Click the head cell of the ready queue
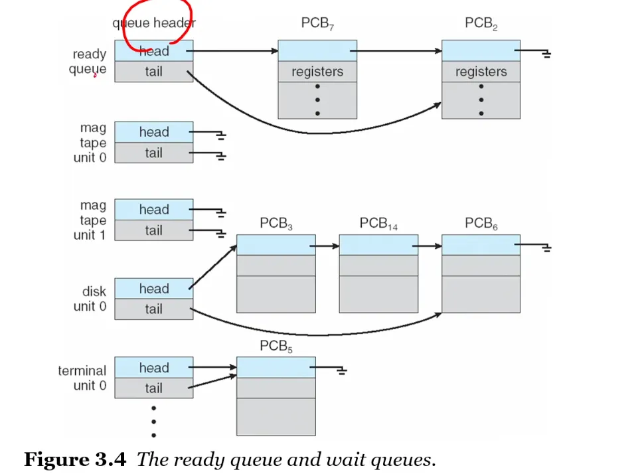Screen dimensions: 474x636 pos(153,51)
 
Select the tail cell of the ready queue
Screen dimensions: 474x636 pos(153,72)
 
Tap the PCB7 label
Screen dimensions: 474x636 pos(317,25)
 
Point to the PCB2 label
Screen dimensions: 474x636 pos(481,25)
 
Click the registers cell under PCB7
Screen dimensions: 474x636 pos(317,72)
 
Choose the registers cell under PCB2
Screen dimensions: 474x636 pos(481,72)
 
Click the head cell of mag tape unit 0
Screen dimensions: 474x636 pos(153,132)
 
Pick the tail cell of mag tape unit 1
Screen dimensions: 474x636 pos(153,230)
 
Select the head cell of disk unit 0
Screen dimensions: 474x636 pos(153,289)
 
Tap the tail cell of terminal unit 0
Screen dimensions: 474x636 pos(153,388)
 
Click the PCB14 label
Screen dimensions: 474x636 pos(378,224)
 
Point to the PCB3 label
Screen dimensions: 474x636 pos(276,224)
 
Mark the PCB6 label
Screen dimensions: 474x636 pos(481,224)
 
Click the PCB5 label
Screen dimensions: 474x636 pos(276,347)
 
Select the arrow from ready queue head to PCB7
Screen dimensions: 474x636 pos(232,50)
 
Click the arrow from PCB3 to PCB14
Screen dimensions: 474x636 pos(327,246)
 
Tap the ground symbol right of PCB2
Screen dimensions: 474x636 pos(546,54)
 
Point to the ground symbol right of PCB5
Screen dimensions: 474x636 pos(342,370)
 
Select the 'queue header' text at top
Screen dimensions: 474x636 pos(153,24)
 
